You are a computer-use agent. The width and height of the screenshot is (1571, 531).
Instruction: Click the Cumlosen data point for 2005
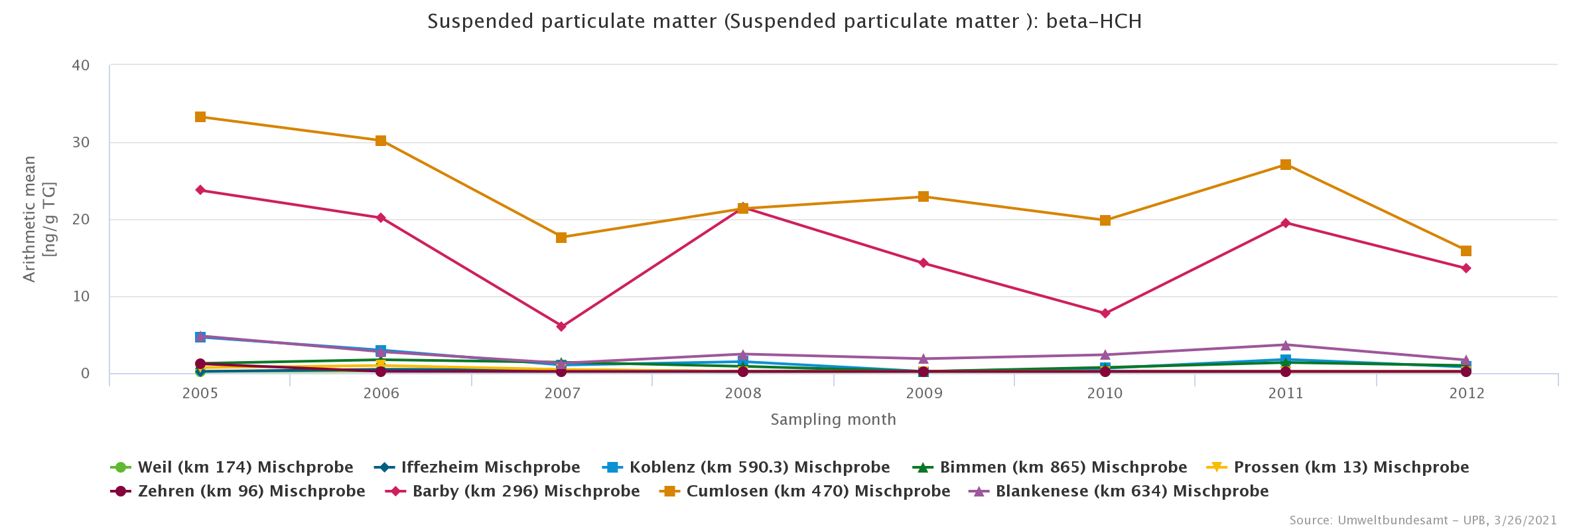pyautogui.click(x=200, y=117)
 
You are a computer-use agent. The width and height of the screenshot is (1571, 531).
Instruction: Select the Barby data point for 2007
pyautogui.click(x=561, y=327)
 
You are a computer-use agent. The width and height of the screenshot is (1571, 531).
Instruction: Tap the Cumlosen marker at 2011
pyautogui.click(x=1286, y=165)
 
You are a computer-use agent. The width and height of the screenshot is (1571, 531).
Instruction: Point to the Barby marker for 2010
pyautogui.click(x=1105, y=313)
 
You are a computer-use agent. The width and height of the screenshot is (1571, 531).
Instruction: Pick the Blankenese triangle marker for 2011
pyautogui.click(x=1286, y=345)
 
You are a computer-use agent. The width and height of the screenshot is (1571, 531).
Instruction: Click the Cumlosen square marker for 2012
pyautogui.click(x=1466, y=251)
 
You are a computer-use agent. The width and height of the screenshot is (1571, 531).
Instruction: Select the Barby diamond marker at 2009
pyautogui.click(x=923, y=264)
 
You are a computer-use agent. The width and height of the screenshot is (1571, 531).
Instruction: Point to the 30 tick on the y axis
pyautogui.click(x=81, y=143)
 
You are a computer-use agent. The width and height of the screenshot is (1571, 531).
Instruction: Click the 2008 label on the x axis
pyautogui.click(x=743, y=394)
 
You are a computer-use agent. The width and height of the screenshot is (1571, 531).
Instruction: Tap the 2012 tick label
pyautogui.click(x=1467, y=394)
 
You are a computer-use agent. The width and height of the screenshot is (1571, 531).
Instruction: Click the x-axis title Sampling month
pyautogui.click(x=833, y=419)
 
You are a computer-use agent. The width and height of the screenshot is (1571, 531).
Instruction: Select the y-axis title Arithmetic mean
pyautogui.click(x=30, y=219)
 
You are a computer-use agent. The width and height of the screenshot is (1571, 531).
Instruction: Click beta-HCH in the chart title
pyautogui.click(x=1094, y=22)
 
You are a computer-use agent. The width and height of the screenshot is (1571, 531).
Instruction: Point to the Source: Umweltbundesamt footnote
pyautogui.click(x=1422, y=520)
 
